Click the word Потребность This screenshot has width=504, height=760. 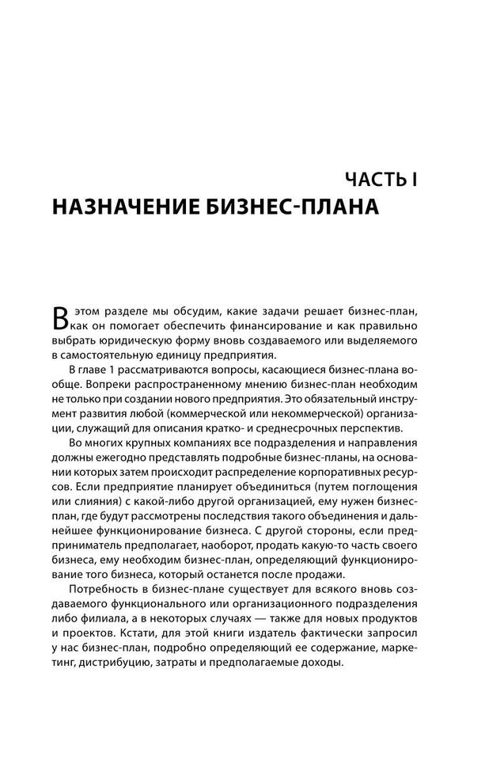[x=107, y=591]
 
